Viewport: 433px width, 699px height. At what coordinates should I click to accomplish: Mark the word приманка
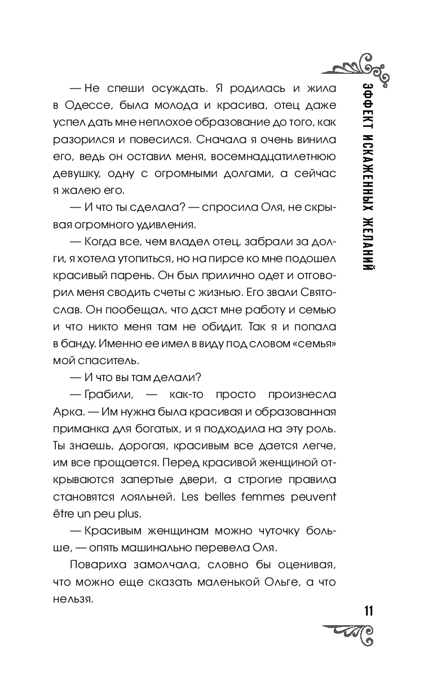(x=81, y=428)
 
